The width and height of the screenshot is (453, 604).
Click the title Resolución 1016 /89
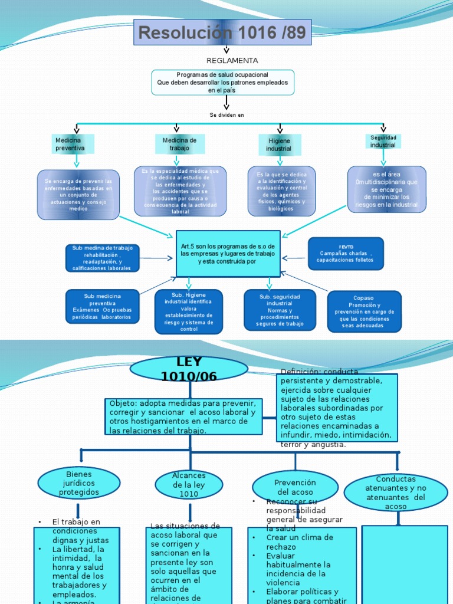(x=222, y=33)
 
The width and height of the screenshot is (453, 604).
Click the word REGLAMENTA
(x=232, y=61)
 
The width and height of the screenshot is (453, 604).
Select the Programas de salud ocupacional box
(x=222, y=83)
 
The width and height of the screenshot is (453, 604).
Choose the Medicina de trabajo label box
(x=179, y=144)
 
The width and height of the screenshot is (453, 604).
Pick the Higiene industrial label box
(x=280, y=145)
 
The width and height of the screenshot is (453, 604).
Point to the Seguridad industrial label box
(x=383, y=141)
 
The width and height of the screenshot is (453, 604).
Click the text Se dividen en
(x=226, y=115)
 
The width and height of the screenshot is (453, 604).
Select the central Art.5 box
(x=228, y=254)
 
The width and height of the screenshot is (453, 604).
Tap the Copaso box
(x=364, y=311)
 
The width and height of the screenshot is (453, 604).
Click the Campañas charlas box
(x=346, y=254)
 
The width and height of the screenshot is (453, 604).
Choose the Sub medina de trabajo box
(x=102, y=258)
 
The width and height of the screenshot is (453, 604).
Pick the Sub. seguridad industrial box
(x=280, y=310)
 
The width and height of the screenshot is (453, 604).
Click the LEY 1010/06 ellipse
(x=189, y=369)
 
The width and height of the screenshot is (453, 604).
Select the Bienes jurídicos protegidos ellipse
(x=79, y=483)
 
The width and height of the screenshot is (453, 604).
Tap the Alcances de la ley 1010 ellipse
(x=189, y=484)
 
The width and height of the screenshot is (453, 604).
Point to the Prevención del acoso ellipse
(x=295, y=487)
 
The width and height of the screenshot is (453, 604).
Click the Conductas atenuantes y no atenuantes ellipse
(x=395, y=493)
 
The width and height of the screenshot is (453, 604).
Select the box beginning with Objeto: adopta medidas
(x=182, y=416)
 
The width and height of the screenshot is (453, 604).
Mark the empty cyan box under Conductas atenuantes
(x=404, y=564)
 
